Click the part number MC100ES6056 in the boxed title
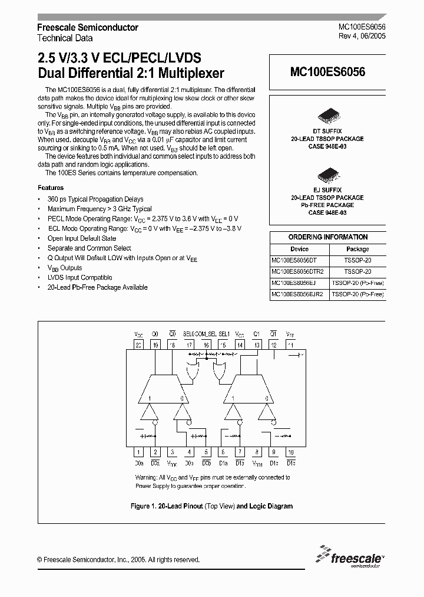click(x=327, y=72)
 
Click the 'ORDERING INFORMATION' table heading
click(x=327, y=237)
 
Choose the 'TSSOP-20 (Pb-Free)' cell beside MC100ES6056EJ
click(x=357, y=283)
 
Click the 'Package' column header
click(x=357, y=249)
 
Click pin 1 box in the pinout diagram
click(x=138, y=452)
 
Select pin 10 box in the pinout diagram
click(x=291, y=452)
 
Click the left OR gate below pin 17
click(x=192, y=372)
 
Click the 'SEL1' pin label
click(x=224, y=334)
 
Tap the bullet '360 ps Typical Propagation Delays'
click(x=95, y=199)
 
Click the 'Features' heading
click(x=51, y=188)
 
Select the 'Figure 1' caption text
click(x=211, y=506)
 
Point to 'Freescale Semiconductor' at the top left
click(x=88, y=27)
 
